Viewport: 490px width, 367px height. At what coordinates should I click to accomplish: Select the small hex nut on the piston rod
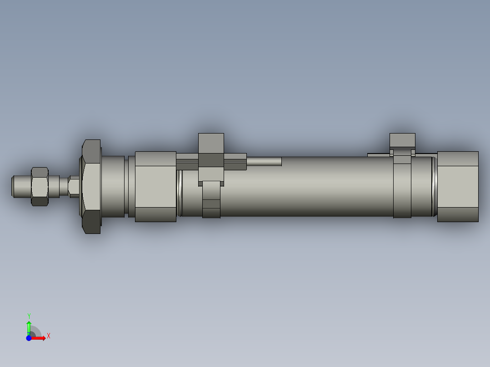[40, 186]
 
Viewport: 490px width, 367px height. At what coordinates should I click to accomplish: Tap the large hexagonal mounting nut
[91, 187]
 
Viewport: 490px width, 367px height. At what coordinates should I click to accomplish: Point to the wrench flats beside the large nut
[74, 186]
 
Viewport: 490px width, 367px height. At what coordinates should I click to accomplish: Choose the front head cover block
[155, 187]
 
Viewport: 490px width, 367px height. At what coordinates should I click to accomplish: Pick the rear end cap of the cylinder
[458, 187]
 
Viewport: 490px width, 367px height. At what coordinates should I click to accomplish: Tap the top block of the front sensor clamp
[211, 144]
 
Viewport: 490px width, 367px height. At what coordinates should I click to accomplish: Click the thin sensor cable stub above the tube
[264, 161]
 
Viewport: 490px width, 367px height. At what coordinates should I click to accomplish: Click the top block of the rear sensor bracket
[402, 140]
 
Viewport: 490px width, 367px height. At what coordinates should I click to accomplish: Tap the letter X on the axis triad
[49, 336]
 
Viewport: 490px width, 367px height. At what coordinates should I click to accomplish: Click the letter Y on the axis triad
[29, 316]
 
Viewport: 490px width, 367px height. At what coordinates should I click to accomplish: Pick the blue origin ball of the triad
[29, 338]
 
